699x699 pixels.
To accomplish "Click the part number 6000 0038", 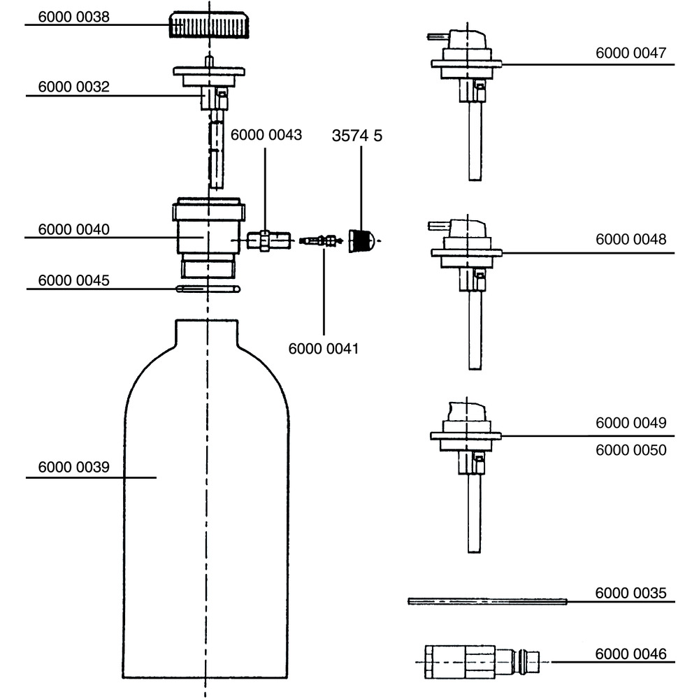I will click(x=73, y=17).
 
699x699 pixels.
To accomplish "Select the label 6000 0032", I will click(x=73, y=87).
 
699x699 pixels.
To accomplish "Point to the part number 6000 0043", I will click(x=266, y=136).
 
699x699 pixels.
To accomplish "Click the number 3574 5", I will click(x=356, y=136).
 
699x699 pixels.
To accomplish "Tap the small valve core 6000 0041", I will click(x=318, y=241).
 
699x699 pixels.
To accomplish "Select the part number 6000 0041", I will click(x=323, y=348).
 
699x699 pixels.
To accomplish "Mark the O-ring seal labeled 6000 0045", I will click(x=208, y=288).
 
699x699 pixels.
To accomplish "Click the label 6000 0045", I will click(x=73, y=280).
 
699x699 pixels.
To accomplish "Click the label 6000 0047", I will click(x=630, y=52).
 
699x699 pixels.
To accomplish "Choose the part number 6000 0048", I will click(x=630, y=239).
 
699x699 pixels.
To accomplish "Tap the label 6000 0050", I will click(x=630, y=450).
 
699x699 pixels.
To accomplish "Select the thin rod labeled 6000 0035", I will click(x=487, y=601).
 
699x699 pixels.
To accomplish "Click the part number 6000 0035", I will click(x=630, y=593).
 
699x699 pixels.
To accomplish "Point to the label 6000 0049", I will click(x=630, y=423).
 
